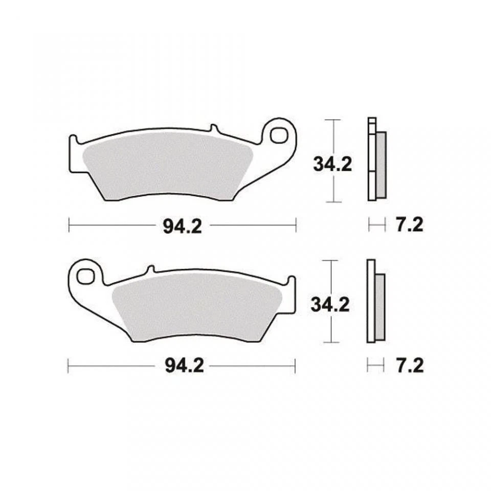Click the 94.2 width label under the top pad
point(183,225)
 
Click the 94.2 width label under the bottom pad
point(183,366)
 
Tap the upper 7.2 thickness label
point(409,225)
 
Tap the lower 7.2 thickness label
point(409,366)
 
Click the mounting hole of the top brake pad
point(279,136)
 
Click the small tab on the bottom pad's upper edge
point(150,269)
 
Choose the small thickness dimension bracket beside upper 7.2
point(376,224)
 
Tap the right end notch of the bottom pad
point(291,281)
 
